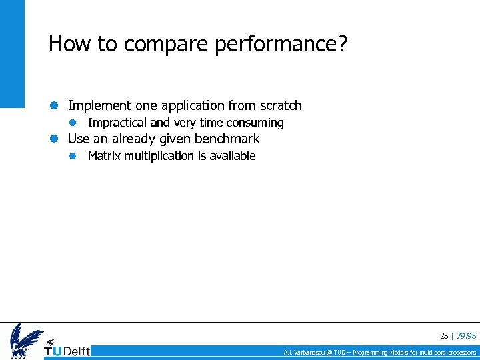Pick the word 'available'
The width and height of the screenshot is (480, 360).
(x=233, y=156)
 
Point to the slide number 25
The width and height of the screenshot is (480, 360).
(x=444, y=336)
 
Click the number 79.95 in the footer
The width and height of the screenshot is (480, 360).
(x=467, y=336)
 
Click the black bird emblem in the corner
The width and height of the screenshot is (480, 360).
(x=25, y=340)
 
